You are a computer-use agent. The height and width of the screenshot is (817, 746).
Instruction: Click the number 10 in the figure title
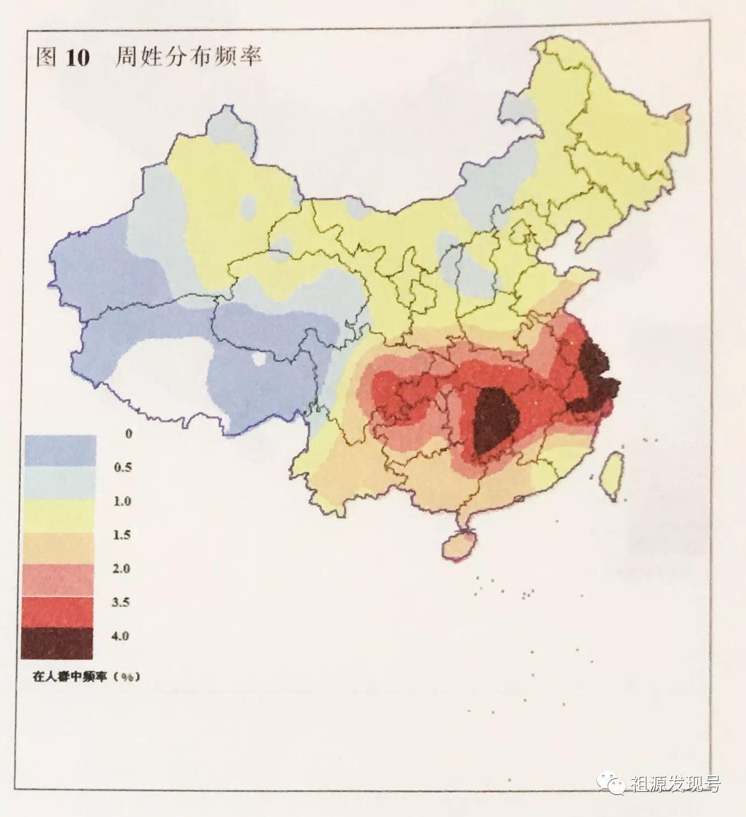pos(77,58)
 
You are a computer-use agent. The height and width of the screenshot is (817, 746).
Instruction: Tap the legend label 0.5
pos(122,467)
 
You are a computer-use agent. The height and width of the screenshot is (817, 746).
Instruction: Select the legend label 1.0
pos(122,501)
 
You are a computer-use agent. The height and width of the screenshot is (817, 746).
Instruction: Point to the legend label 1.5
pos(122,535)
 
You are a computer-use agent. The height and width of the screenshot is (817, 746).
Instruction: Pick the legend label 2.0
pos(122,569)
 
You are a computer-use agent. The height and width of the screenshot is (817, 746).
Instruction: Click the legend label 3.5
pos(122,602)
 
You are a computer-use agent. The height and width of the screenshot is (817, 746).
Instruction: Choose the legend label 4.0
pos(122,636)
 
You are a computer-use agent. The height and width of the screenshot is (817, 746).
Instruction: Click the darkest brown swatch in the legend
pos(57,644)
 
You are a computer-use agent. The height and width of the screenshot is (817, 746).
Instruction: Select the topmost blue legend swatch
pos(60,449)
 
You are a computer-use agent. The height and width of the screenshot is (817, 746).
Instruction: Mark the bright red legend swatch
pos(58,611)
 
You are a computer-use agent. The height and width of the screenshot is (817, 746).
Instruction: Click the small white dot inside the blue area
pos(259,359)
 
